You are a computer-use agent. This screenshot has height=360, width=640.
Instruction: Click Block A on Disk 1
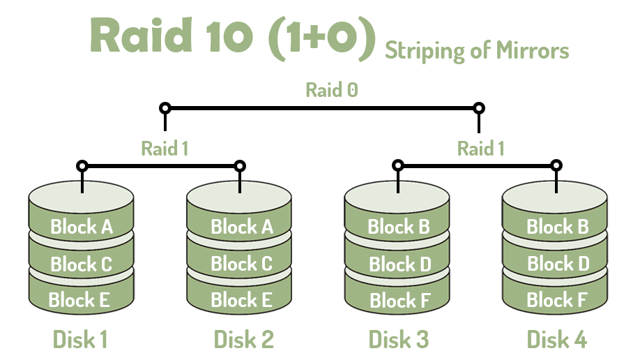tap(81, 227)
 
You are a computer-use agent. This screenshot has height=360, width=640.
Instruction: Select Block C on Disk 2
tap(241, 264)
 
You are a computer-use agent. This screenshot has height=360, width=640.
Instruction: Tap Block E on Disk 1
tap(80, 300)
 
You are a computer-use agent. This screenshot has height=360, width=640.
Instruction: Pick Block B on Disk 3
tap(399, 227)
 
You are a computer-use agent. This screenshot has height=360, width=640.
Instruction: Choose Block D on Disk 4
tap(558, 264)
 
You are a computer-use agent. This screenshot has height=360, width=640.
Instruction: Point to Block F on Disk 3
tap(399, 301)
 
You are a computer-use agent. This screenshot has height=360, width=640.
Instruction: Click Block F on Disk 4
tap(558, 301)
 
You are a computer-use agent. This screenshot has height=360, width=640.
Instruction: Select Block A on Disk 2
tap(241, 227)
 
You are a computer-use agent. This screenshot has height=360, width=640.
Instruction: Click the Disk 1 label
tap(80, 339)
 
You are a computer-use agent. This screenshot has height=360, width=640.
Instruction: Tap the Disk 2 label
tap(243, 339)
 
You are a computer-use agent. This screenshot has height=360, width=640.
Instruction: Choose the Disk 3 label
tap(399, 339)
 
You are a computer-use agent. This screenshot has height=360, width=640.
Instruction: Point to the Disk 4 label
tap(556, 339)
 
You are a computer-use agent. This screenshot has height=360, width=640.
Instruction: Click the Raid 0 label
tap(331, 90)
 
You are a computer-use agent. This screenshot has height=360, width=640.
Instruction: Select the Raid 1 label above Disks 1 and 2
tap(165, 148)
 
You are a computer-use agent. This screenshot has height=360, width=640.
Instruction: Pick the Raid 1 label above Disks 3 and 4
tap(480, 148)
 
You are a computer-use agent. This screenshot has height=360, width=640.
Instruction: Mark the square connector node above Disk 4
tap(556, 166)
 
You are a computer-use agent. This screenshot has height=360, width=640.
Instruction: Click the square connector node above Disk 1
tap(82, 166)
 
